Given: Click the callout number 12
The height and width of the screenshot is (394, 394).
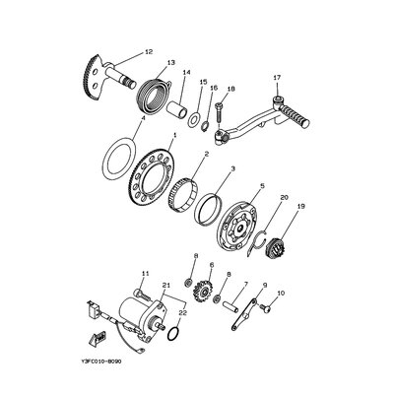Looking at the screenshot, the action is [149, 51].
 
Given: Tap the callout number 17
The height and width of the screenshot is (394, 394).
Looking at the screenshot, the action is [277, 78].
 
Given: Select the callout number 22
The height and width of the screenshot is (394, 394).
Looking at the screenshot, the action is [182, 313].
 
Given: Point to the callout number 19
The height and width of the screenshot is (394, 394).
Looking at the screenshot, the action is [301, 207].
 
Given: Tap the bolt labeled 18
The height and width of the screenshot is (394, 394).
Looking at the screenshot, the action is [220, 112].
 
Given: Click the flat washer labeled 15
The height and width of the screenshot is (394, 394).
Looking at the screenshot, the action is [193, 119].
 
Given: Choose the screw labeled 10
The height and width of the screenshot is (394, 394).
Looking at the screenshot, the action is [265, 308].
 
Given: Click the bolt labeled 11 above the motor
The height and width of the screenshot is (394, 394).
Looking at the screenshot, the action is [142, 295].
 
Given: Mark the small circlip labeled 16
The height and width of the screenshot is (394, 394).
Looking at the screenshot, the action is [206, 126].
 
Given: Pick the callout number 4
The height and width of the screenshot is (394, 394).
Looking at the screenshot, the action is [143, 117].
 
